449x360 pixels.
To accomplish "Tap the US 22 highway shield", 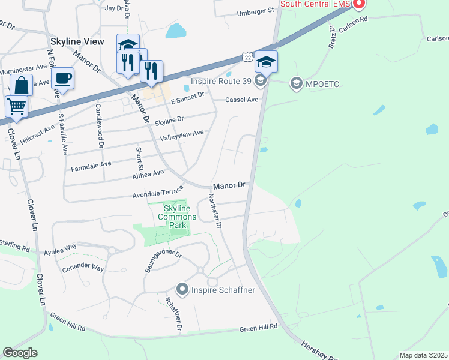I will [247, 56].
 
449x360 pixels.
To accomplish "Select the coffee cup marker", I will [62, 78].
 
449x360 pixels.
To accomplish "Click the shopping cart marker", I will [16, 107].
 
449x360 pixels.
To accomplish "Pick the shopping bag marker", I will [22, 85].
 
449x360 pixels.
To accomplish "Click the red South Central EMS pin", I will [359, 4].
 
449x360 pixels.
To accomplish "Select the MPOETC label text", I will [322, 83].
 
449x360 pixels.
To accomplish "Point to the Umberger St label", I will [255, 11].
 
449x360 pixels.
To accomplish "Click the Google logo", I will [20, 353].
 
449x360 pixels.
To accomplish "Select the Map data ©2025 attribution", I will [423, 355].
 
